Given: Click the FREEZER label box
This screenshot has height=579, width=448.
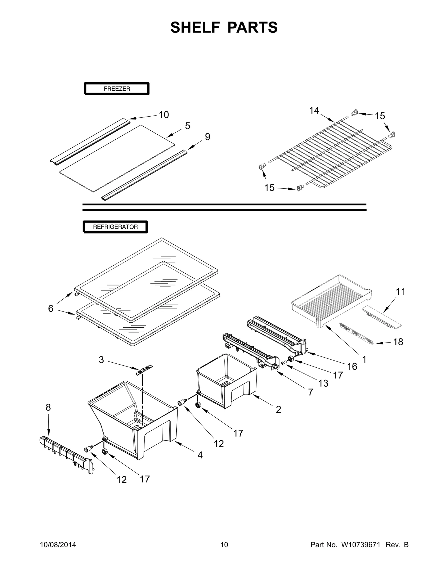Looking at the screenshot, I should (x=117, y=89).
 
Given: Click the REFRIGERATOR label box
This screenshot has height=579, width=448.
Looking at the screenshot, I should (x=115, y=227).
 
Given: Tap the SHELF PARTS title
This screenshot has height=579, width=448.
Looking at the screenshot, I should (x=224, y=27).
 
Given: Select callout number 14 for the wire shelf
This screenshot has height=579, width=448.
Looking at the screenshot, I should (x=314, y=110).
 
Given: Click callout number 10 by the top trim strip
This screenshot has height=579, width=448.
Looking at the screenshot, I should (x=164, y=115).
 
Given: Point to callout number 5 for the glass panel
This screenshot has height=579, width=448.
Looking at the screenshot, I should (x=187, y=126).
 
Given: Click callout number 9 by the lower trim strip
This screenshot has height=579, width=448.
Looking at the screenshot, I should (x=207, y=137).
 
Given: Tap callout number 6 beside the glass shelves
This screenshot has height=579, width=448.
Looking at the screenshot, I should (x=51, y=308).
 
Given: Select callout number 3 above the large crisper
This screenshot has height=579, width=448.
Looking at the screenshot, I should (x=101, y=360).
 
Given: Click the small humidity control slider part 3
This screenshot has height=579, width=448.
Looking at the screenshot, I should (x=144, y=370).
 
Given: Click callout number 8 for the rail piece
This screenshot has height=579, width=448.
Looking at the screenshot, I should (x=48, y=407).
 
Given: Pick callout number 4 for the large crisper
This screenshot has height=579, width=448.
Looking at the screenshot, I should (x=200, y=455).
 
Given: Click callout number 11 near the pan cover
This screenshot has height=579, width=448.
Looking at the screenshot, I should (x=401, y=291).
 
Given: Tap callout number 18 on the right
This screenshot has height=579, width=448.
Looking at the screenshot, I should (x=398, y=342).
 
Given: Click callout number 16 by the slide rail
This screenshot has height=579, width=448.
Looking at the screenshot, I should (x=352, y=366).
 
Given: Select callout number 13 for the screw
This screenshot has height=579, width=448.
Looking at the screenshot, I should (x=323, y=383).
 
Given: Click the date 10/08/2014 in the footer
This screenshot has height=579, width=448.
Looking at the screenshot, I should (x=58, y=545).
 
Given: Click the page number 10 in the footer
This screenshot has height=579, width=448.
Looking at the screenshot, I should (x=224, y=545).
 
